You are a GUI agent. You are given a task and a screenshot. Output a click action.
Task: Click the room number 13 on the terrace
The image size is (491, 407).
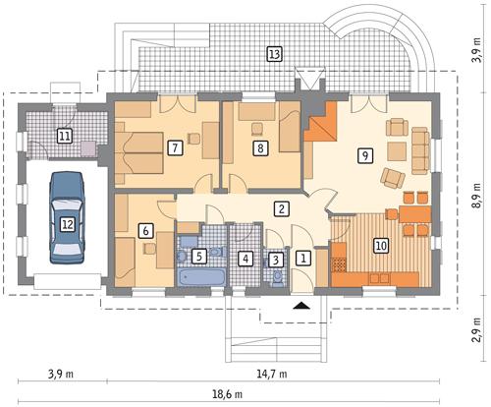click(x=274, y=53)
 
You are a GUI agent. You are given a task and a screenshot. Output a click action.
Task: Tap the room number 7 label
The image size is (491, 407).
click(x=174, y=148)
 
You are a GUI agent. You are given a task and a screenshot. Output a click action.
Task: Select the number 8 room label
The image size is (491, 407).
click(x=259, y=148)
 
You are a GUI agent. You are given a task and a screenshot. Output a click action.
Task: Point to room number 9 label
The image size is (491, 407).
click(x=364, y=154)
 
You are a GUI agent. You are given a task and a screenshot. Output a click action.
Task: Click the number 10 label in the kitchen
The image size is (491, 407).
click(x=380, y=247)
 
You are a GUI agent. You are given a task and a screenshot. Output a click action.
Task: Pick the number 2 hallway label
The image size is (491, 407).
click(x=282, y=208)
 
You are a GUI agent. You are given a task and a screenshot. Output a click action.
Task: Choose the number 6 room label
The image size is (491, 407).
click(x=145, y=231)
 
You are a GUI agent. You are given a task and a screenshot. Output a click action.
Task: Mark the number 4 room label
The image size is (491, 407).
click(x=245, y=259)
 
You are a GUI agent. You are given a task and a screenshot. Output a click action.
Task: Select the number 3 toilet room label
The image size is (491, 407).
click(x=277, y=260)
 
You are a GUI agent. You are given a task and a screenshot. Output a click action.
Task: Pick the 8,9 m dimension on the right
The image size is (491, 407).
click(x=477, y=197)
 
